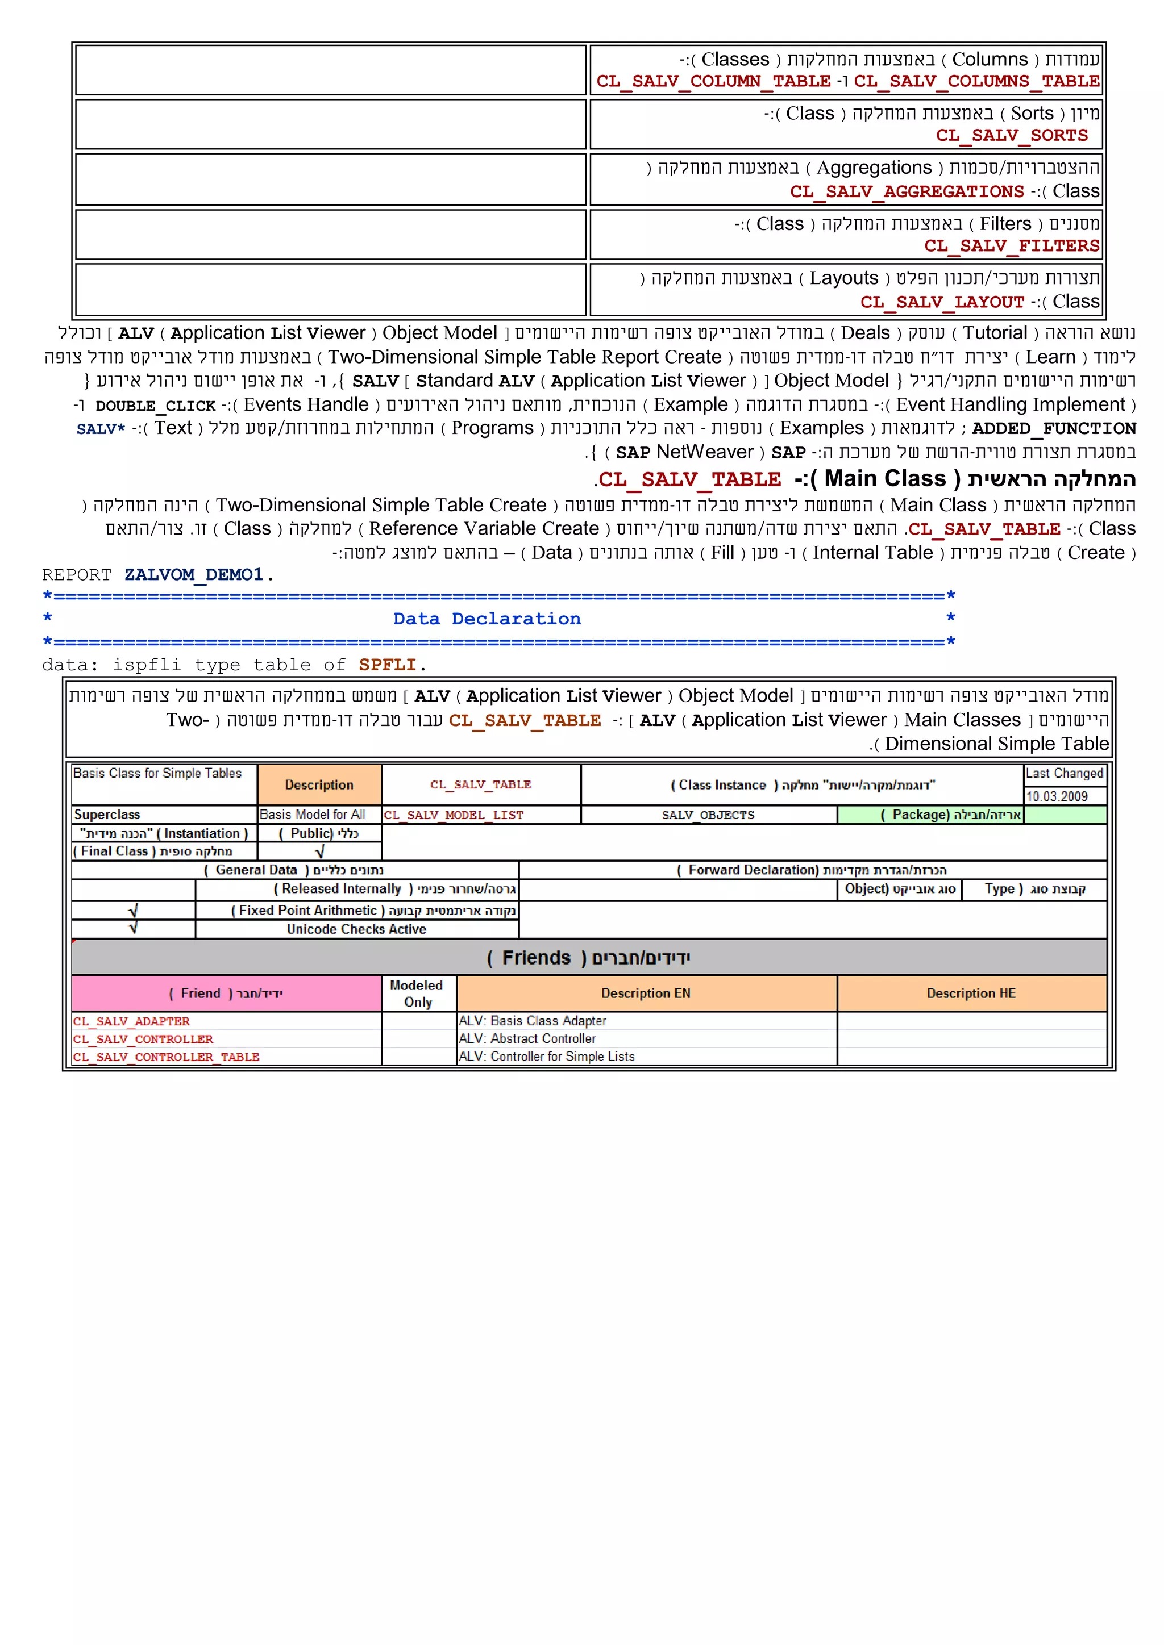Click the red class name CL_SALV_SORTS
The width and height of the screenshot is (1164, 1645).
1011,135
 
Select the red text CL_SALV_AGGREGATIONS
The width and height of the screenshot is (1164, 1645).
907,192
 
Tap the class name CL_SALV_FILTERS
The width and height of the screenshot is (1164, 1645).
1011,247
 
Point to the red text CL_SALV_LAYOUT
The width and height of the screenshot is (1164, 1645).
942,302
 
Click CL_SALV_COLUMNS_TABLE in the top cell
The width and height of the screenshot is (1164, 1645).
977,82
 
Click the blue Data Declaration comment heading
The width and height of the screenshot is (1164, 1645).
487,619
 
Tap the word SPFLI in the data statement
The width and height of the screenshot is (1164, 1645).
387,665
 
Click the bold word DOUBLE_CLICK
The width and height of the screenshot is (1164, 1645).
156,406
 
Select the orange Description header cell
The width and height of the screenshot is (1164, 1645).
319,785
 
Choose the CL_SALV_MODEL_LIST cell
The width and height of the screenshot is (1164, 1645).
454,815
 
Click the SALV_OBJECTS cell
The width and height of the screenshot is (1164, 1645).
708,815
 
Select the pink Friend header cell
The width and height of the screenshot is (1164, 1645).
226,993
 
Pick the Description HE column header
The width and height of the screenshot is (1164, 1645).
971,993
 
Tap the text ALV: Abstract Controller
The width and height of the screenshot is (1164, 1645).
527,1039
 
